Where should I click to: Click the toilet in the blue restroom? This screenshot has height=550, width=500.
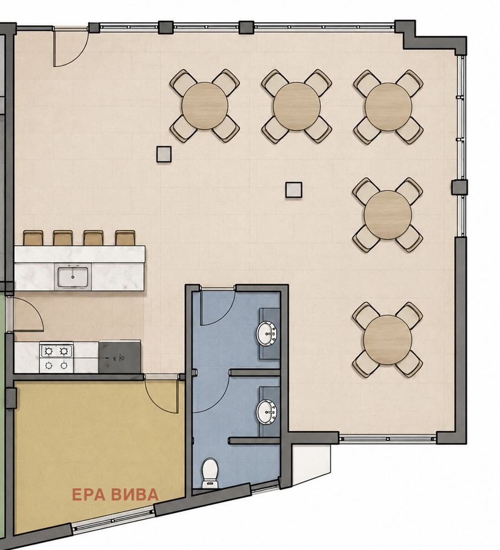210,472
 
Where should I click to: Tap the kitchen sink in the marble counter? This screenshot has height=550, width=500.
73,277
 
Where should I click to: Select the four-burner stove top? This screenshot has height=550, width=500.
57,358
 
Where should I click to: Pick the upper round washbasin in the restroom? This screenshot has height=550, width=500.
267,334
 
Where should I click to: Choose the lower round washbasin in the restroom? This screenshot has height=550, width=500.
267,411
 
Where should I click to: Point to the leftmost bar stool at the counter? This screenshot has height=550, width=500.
34,238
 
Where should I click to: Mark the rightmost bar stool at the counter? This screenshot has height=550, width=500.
125,238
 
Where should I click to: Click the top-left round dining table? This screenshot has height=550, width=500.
205,106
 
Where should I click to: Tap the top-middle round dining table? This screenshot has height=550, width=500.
296,106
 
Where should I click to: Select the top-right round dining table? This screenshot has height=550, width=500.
388,107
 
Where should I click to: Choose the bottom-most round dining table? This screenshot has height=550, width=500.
388,339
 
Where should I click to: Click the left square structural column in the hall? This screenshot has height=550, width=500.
164,154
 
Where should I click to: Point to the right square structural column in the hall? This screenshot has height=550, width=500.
294,190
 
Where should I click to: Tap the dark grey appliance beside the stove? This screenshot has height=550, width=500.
120,357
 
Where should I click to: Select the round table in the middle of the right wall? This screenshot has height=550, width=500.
388,215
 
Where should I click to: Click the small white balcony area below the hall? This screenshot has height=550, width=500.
311,463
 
